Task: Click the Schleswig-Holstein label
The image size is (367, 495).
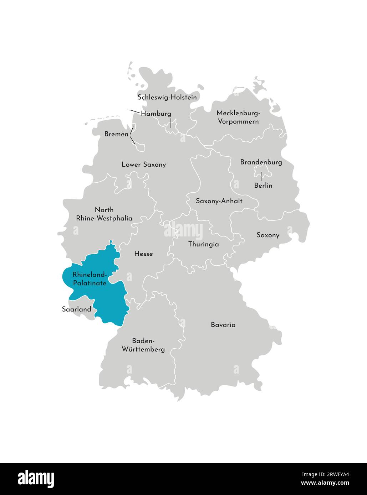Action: point(167,97)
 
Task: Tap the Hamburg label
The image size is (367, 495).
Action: point(156,114)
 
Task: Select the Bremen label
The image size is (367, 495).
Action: point(116,134)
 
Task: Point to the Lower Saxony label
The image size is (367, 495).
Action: point(143,165)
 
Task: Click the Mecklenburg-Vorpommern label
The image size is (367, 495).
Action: point(238,117)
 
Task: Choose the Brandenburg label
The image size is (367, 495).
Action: point(261,162)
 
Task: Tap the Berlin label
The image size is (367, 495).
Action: point(263,186)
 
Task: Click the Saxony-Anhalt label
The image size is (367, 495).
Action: point(219,201)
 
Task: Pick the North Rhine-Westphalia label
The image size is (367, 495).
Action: point(104,214)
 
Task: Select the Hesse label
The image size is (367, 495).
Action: point(143,254)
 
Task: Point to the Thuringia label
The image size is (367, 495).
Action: point(203,244)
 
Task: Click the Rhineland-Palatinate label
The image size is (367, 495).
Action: point(90,279)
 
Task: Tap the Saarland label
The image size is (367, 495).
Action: point(76,309)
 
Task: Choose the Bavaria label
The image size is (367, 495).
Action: point(223,325)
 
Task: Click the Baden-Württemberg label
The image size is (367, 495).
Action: point(143,345)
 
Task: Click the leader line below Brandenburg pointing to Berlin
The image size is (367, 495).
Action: point(262,176)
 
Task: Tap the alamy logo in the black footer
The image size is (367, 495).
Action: point(36,479)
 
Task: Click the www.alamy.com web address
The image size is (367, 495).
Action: point(325,483)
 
